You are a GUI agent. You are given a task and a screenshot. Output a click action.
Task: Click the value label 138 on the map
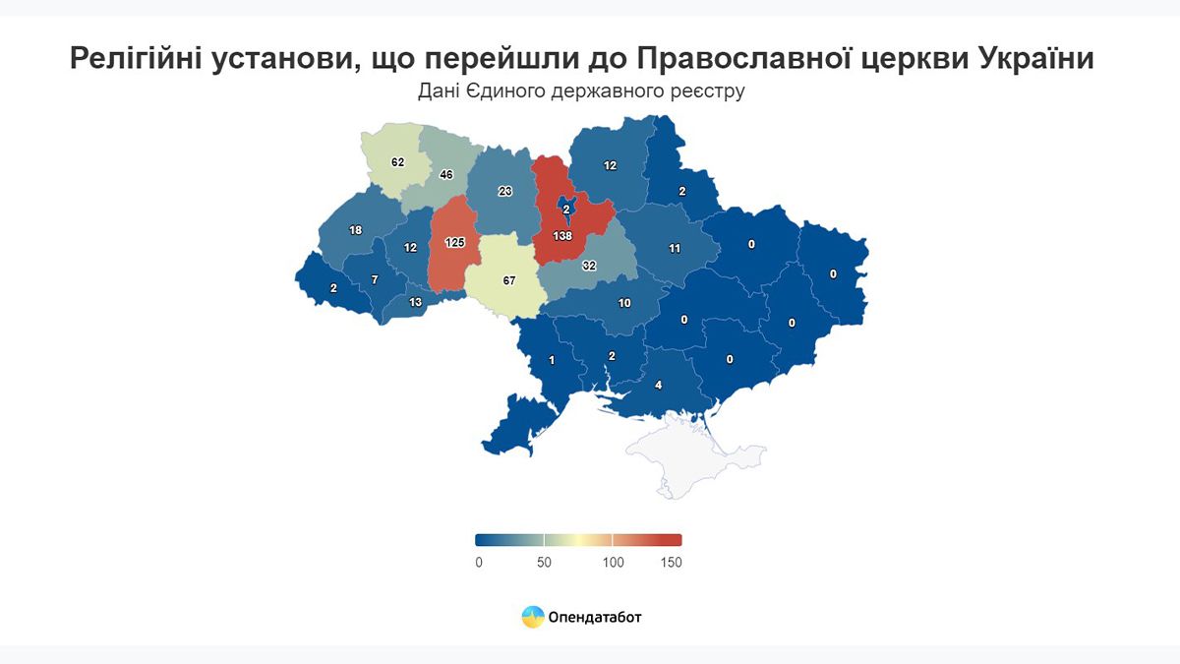pyautogui.click(x=562, y=237)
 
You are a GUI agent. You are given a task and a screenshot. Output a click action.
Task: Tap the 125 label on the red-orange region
pyautogui.click(x=453, y=241)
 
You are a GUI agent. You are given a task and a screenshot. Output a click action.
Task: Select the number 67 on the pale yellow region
pyautogui.click(x=509, y=280)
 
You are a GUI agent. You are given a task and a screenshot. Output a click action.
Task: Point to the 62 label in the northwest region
pyautogui.click(x=397, y=161)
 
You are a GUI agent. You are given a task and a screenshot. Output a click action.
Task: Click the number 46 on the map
pyautogui.click(x=446, y=175)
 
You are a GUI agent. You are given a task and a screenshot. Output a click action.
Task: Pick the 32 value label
pyautogui.click(x=589, y=266)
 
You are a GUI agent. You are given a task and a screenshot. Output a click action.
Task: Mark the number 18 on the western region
pyautogui.click(x=356, y=230)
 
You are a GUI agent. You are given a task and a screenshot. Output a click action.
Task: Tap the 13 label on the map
pyautogui.click(x=415, y=302)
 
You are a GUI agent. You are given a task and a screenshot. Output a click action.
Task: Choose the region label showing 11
pyautogui.click(x=675, y=249)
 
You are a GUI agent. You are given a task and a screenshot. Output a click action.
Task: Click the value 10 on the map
pyautogui.click(x=624, y=303)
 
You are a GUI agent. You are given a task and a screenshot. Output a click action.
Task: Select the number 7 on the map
pyautogui.click(x=375, y=280)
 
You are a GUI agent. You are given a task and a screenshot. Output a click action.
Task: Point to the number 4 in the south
pyautogui.click(x=659, y=385)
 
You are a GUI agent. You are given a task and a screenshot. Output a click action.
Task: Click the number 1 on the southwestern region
pyautogui.click(x=552, y=360)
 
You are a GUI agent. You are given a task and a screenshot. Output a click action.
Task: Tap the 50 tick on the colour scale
pyautogui.click(x=544, y=563)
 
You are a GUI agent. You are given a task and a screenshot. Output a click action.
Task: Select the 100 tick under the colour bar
pyautogui.click(x=613, y=563)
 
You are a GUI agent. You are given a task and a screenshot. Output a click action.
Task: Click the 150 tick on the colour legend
pyautogui.click(x=671, y=563)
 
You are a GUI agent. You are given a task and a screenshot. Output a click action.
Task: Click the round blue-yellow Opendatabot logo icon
pyautogui.click(x=532, y=617)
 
